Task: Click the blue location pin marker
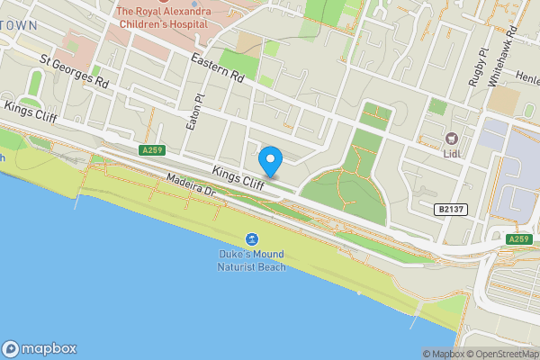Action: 270,161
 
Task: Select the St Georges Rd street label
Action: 75,73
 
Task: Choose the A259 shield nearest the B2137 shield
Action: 519,238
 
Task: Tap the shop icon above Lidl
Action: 453,139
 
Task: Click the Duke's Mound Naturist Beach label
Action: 251,261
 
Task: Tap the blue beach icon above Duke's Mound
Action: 251,239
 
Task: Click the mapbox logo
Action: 40,349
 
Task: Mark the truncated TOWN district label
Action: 19,25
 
